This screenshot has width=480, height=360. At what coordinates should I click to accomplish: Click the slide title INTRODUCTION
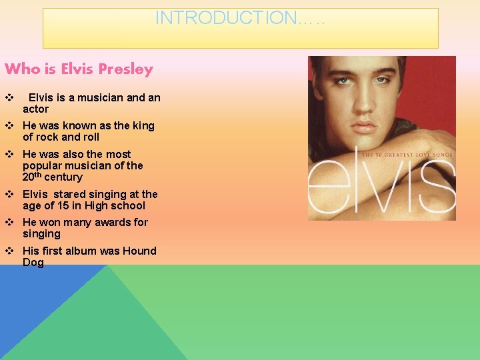(239, 18)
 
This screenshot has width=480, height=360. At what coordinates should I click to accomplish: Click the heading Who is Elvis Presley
(79, 69)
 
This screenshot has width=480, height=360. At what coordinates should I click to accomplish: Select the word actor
(35, 109)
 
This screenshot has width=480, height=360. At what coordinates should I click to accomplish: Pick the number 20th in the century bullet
(31, 177)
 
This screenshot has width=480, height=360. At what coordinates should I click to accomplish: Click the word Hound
(139, 251)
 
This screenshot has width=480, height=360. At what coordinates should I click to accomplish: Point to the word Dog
(33, 262)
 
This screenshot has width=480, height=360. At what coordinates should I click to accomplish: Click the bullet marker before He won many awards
(9, 222)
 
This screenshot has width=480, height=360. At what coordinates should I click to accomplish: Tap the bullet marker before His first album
(9, 251)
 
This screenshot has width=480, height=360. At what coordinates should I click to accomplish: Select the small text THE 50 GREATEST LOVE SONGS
(407, 155)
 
